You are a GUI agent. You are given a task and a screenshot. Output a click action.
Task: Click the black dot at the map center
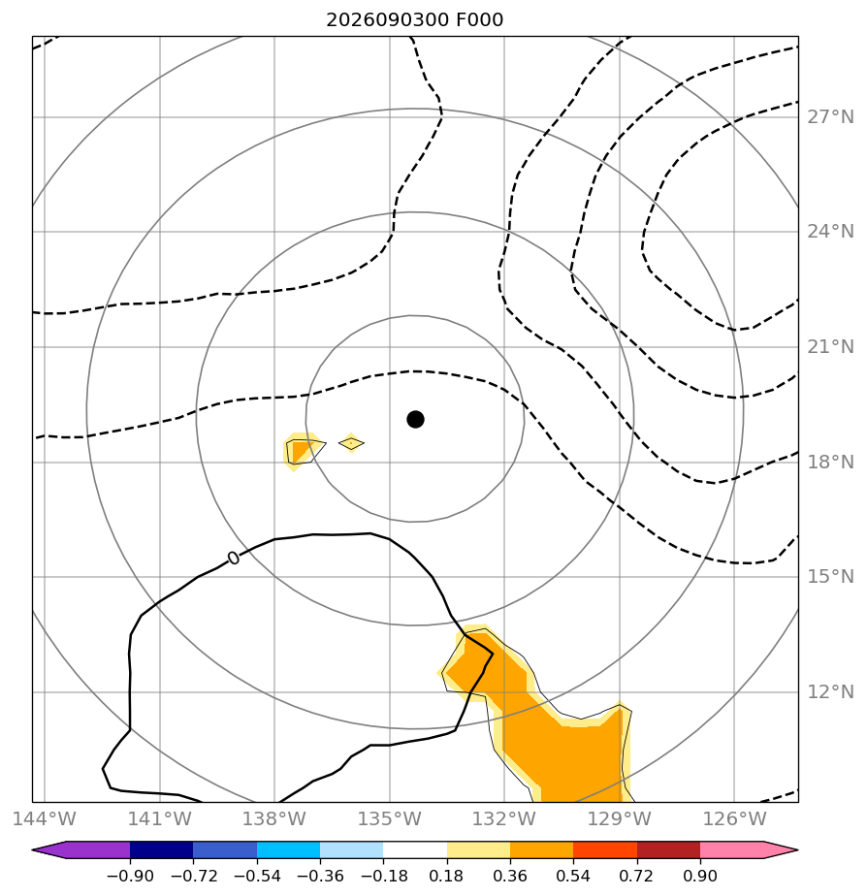click(415, 420)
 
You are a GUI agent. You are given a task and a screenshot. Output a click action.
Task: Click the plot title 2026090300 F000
click(414, 20)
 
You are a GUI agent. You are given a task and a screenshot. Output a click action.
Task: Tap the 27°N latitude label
click(830, 117)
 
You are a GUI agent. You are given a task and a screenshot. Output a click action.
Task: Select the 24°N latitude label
click(830, 232)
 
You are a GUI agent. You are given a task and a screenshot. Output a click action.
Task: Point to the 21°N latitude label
click(830, 347)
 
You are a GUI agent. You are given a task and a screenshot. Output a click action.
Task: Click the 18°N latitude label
click(830, 462)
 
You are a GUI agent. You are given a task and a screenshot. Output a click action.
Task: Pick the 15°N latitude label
click(830, 577)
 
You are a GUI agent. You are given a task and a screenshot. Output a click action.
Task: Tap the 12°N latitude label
click(830, 692)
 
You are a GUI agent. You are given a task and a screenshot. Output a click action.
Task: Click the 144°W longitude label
click(44, 818)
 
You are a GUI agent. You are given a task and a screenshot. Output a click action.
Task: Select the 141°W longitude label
click(159, 818)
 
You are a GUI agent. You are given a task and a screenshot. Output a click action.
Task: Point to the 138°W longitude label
click(274, 818)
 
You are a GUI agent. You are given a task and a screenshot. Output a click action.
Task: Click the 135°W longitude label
click(389, 818)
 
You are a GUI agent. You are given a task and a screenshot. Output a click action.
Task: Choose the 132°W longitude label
click(504, 818)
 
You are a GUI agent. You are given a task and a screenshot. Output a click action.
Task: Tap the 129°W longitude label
click(620, 818)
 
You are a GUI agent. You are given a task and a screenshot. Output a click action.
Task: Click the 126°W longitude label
click(734, 818)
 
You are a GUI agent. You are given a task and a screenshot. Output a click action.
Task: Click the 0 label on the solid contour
click(233, 558)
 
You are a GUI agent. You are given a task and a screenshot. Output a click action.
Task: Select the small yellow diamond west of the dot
click(351, 443)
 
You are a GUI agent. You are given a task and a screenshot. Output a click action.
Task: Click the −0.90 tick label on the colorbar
click(130, 876)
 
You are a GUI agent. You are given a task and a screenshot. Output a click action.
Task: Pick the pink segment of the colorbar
click(732, 849)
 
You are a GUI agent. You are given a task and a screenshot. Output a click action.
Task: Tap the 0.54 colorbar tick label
click(573, 876)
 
